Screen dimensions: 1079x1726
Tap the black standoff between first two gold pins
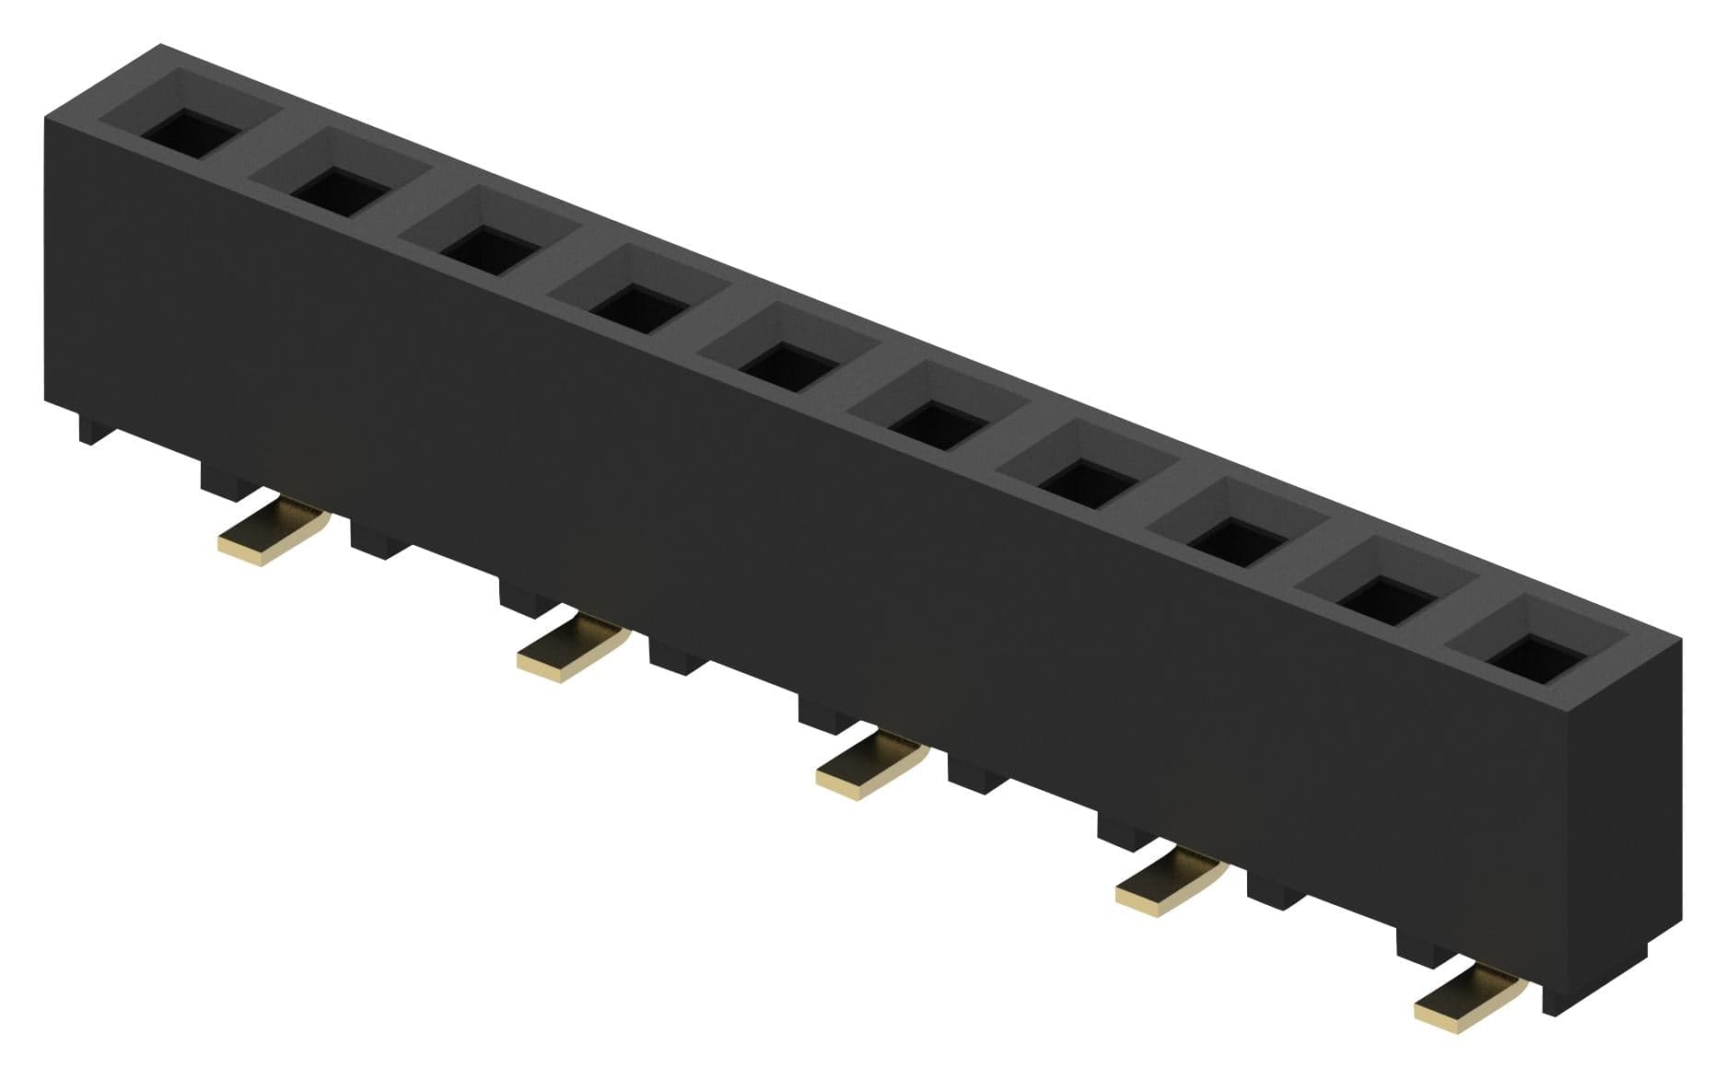point(379,540)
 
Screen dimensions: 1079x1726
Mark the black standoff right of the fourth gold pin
point(1276,893)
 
